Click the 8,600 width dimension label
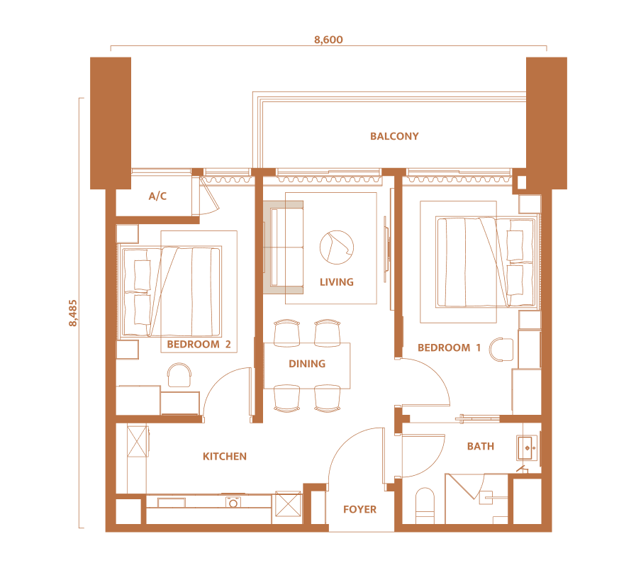click(x=328, y=40)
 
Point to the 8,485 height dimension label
click(x=73, y=313)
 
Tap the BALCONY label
click(x=394, y=136)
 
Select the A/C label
click(x=157, y=196)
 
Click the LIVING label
click(x=337, y=282)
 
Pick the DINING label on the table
click(x=307, y=364)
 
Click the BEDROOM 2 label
click(x=199, y=345)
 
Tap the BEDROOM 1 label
click(x=449, y=347)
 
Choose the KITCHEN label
click(x=225, y=457)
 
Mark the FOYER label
click(x=359, y=510)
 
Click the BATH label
click(x=481, y=447)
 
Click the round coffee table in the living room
click(x=337, y=247)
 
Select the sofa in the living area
click(x=283, y=247)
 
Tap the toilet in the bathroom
click(x=425, y=506)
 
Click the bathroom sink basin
click(x=528, y=448)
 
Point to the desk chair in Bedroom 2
click(x=179, y=375)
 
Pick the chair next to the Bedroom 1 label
click(x=501, y=350)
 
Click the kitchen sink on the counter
click(x=233, y=502)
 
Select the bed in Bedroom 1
click(x=486, y=262)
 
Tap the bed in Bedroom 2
click(x=171, y=291)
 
